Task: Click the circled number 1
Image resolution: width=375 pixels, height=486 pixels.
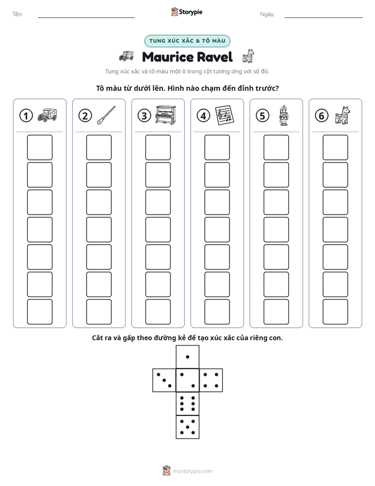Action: pos(26,116)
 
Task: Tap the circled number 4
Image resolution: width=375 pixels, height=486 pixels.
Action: pos(203,116)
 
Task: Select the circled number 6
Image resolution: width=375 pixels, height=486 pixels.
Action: pos(321,116)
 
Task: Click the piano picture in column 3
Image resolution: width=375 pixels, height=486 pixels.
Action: pos(165,115)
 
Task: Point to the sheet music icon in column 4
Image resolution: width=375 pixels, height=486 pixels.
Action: pos(225,115)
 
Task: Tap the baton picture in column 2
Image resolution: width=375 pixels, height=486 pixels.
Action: pos(106,115)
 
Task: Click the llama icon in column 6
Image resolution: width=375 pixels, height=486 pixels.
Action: pos(342,115)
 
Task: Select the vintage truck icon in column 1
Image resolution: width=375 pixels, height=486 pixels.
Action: pos(47,115)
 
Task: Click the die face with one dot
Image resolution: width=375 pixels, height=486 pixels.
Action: pos(187,357)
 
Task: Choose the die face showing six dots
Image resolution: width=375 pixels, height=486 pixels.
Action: pos(187,403)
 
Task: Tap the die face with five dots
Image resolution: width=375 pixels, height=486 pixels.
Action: pos(187,427)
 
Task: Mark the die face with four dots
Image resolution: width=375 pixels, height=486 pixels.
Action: pos(211,380)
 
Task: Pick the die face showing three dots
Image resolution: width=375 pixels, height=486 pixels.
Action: pos(164,380)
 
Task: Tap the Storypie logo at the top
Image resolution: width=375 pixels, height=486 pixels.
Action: pos(186,12)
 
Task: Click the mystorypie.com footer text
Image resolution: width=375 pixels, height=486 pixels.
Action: pos(192,471)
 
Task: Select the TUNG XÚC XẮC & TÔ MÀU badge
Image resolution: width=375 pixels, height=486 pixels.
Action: pos(187,41)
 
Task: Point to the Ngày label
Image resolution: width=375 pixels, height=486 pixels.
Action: pos(267,14)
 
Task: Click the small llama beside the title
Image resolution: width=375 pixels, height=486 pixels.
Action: pos(248,56)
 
